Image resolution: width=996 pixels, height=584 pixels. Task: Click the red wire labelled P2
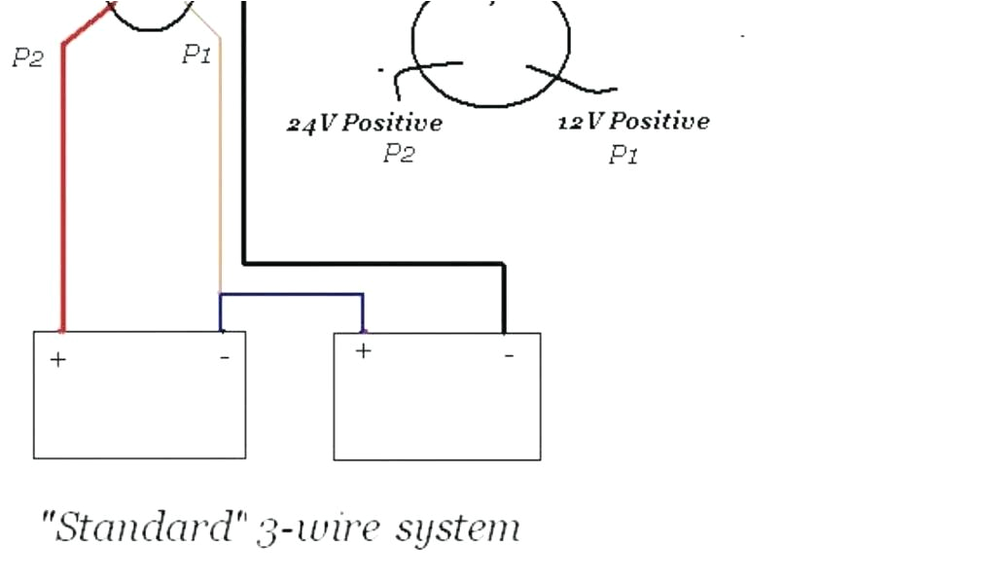pos(63,195)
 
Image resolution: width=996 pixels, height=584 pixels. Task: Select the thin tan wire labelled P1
pos(220,175)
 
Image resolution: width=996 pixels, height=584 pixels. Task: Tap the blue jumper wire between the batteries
pos(292,294)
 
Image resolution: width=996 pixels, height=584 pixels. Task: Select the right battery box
pos(437,409)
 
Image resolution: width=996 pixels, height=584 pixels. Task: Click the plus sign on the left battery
pos(59,360)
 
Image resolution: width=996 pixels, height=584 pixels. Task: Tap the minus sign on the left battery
pos(225,358)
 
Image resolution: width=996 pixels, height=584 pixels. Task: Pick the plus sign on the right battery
pos(363,351)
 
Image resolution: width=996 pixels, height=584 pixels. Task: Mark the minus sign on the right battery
pos(509,355)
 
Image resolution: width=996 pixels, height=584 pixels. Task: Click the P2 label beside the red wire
pos(28,58)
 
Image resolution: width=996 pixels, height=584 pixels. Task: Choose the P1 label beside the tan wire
pos(196,55)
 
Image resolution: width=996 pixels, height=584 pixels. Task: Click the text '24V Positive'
pos(365,124)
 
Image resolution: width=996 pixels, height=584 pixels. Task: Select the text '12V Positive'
pos(633,122)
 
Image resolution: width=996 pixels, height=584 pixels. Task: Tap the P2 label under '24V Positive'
pos(398,154)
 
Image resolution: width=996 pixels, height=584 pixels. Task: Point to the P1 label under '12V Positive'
pos(623,155)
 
